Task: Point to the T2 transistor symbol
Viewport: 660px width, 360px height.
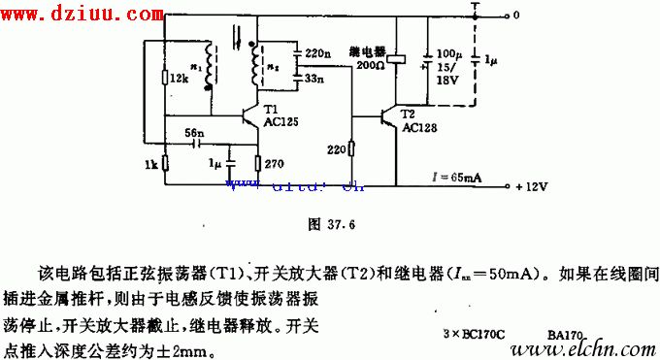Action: (392, 116)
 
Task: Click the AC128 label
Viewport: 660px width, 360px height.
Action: (418, 126)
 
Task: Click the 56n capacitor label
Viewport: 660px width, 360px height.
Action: (194, 131)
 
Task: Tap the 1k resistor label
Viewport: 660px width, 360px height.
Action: (150, 166)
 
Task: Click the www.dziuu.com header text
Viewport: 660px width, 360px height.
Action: (81, 15)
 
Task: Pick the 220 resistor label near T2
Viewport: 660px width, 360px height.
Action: (336, 149)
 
